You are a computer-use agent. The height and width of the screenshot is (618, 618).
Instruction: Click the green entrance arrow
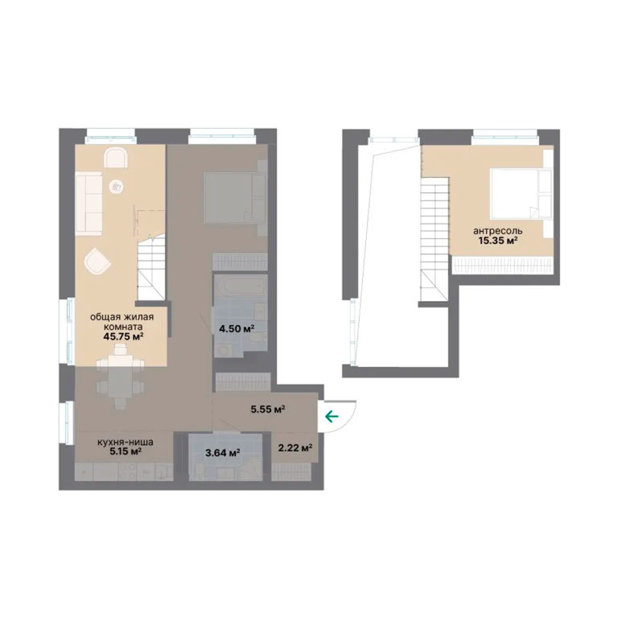332,416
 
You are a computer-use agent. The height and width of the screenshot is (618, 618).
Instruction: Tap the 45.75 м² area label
123,336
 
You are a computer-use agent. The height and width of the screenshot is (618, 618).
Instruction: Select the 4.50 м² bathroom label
237,328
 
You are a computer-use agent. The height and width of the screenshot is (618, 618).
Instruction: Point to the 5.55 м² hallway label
268,410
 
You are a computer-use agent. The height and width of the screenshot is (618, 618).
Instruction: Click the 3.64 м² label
223,453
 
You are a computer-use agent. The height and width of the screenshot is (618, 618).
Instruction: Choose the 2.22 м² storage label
295,447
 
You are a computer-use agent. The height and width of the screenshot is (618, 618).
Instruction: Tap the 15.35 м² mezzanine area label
498,241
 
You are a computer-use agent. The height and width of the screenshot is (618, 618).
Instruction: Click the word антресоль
498,231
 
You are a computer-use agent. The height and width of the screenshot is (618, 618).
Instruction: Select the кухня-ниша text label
126,443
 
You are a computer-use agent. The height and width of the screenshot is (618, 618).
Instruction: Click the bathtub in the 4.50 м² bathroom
240,286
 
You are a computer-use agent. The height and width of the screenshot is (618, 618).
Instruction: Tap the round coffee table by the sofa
117,187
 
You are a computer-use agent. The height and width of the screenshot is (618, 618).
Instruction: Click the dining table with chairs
120,377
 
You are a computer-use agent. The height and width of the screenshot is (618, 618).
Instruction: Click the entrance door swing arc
348,421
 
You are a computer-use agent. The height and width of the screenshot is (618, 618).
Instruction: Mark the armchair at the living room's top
116,158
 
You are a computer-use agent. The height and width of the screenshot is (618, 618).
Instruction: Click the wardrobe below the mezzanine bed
503,266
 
